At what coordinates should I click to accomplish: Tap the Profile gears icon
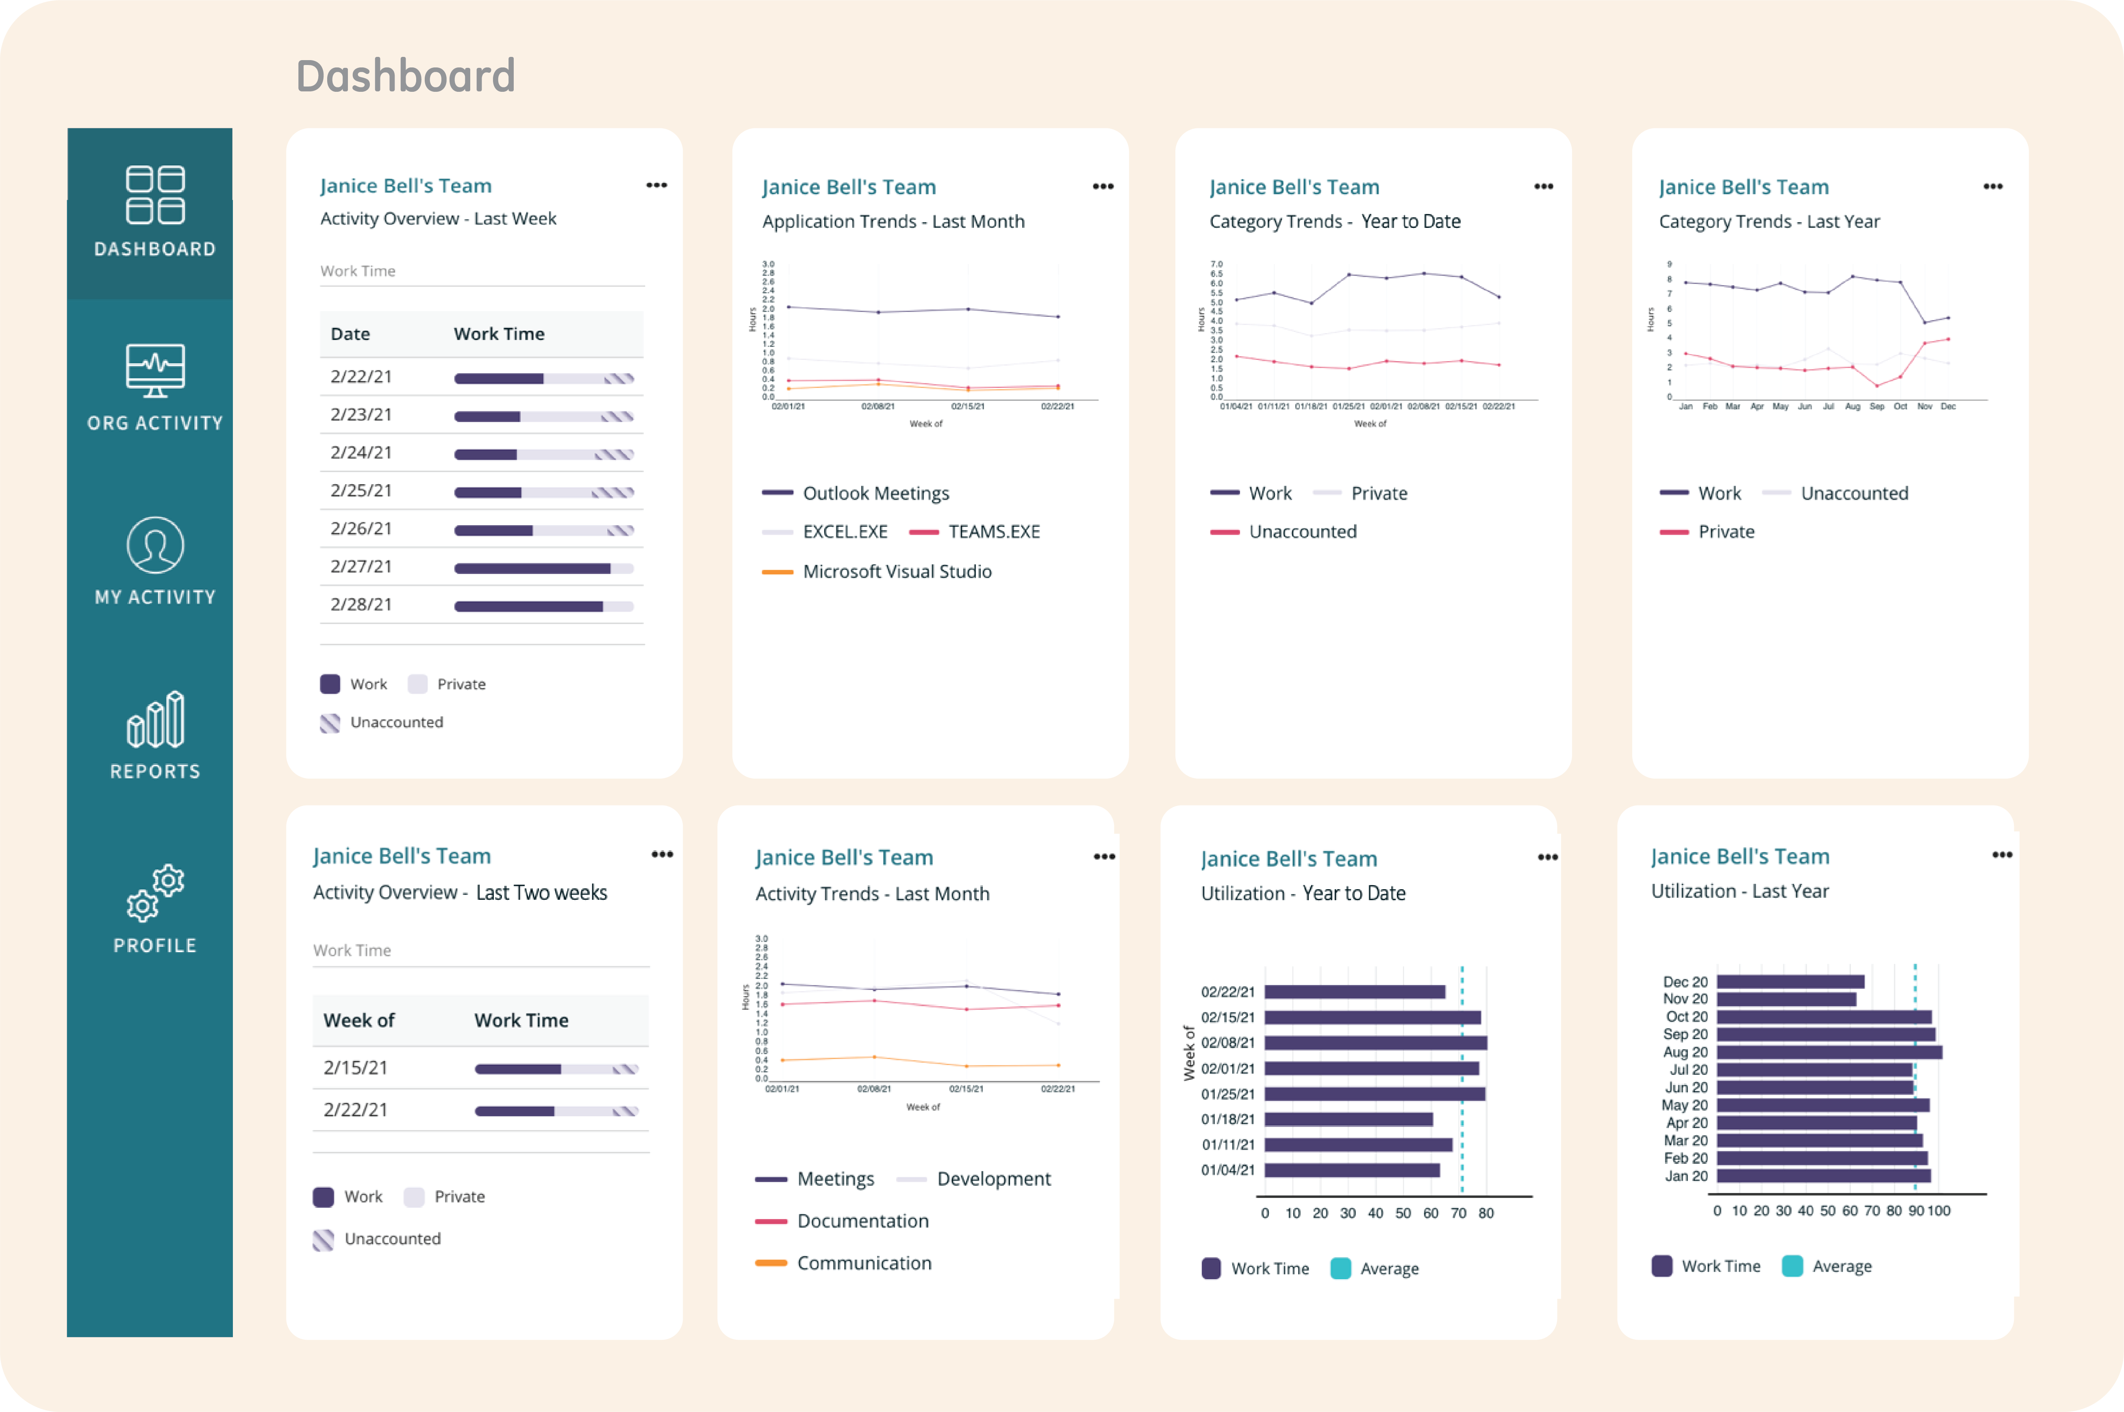click(155, 893)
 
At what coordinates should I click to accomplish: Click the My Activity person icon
click(155, 545)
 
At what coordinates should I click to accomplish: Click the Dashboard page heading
click(405, 76)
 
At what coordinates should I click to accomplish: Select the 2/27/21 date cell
click(361, 566)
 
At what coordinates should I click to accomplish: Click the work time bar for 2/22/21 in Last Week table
click(543, 378)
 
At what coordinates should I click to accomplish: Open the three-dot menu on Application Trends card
click(1103, 186)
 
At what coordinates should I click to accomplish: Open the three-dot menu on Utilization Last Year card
click(2002, 855)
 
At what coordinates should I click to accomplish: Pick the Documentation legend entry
click(862, 1221)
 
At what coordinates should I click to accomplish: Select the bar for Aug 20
click(1829, 1052)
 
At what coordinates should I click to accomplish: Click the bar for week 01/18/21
click(1349, 1120)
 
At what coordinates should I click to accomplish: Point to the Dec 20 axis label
click(1684, 981)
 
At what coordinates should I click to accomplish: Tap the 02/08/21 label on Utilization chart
click(1227, 1043)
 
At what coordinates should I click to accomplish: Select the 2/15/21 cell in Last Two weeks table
click(356, 1068)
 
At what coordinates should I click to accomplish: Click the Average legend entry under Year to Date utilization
click(1388, 1269)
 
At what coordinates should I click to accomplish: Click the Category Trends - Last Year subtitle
click(1769, 221)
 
